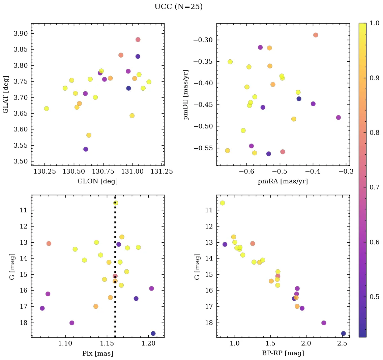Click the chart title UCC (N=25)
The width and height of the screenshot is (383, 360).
[x=178, y=7]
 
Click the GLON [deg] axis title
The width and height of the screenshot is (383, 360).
[x=97, y=181]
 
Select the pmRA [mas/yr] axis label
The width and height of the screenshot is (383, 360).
[x=283, y=181]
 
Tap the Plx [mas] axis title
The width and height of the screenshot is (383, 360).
[x=97, y=353]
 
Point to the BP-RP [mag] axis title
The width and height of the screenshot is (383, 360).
[x=283, y=353]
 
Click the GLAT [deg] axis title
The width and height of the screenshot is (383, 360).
[x=6, y=94]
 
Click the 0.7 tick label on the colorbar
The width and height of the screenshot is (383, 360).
[x=374, y=187]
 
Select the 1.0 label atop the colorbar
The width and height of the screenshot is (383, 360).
[x=374, y=23]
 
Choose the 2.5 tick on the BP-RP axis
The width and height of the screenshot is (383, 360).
[x=342, y=343]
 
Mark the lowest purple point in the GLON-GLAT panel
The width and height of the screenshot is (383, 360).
[x=86, y=149]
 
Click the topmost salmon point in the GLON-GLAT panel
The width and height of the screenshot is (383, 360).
[x=138, y=39]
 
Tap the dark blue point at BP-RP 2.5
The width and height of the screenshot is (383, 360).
[x=343, y=333]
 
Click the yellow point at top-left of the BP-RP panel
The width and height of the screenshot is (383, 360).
[x=222, y=203]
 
